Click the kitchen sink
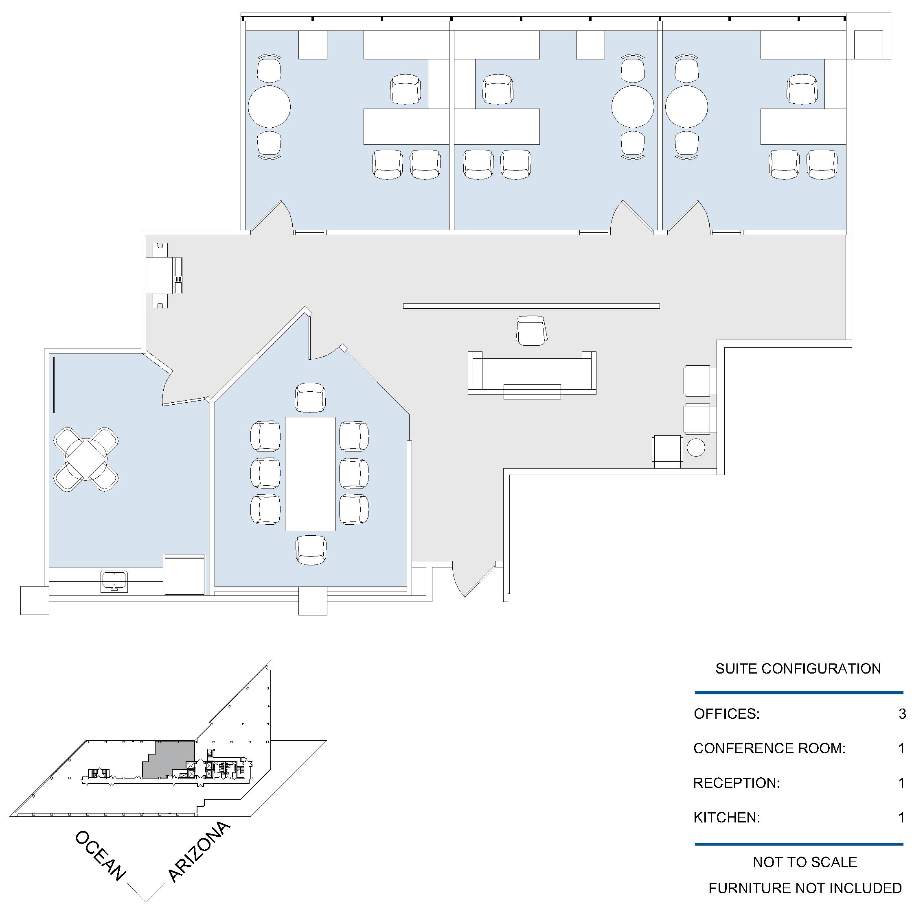114,581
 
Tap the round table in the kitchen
86,459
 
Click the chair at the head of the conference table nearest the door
310,397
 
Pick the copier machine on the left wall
164,275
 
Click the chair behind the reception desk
531,330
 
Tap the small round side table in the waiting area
696,447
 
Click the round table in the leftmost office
269,107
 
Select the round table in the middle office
633,107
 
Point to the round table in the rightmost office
686,107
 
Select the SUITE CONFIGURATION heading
798,669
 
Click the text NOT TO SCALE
805,862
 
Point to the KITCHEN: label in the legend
726,818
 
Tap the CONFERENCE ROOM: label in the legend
769,748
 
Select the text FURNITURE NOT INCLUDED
805,888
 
